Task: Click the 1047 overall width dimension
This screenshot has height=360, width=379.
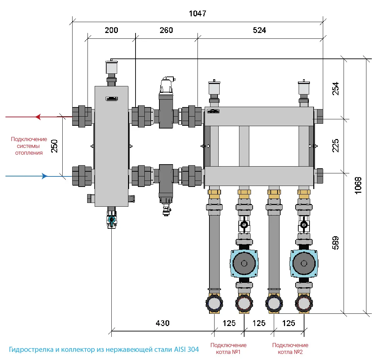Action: tap(198, 14)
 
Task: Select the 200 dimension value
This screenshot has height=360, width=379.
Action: tap(111, 30)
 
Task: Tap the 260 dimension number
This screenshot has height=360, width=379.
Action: tap(166, 30)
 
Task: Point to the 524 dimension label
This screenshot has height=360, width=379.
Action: tap(259, 30)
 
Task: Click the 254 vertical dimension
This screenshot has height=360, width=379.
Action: tap(335, 89)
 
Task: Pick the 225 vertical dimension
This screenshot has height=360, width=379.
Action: tap(335, 145)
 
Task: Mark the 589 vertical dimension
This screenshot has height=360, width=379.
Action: tap(335, 243)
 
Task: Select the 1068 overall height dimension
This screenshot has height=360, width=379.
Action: tap(358, 185)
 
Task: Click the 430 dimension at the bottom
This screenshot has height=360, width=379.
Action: tap(162, 323)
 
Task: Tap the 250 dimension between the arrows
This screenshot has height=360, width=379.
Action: tap(54, 146)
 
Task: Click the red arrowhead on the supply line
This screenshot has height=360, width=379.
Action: tap(38, 117)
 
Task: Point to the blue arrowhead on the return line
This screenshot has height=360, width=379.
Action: tap(45, 176)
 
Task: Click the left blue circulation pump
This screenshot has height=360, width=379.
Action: tap(244, 263)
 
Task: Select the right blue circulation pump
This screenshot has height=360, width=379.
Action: tap(304, 263)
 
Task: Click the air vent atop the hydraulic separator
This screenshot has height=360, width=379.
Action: tap(111, 67)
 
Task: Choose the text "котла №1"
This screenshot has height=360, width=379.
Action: tap(228, 352)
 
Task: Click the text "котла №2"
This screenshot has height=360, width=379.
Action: tap(290, 352)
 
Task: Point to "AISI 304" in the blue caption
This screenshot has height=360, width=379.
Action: tap(186, 349)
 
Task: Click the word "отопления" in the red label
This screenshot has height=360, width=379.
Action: tap(29, 153)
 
